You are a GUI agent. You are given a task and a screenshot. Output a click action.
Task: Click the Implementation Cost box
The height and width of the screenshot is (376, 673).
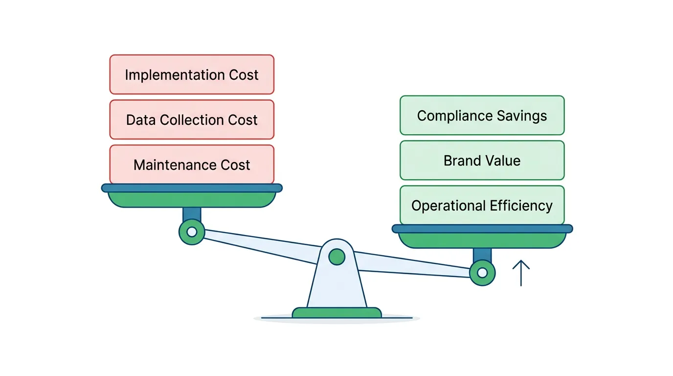coord(192,74)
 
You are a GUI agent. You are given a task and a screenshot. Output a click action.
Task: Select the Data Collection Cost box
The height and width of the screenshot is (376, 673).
coord(192,119)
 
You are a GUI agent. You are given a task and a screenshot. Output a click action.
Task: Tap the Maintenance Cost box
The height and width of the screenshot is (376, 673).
coord(192,164)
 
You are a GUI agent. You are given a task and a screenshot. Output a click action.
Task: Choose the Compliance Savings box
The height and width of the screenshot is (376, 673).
coord(482,116)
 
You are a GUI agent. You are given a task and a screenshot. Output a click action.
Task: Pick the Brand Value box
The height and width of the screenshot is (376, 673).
coord(482,161)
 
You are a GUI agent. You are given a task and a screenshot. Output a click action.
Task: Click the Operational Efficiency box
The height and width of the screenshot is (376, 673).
coord(482,206)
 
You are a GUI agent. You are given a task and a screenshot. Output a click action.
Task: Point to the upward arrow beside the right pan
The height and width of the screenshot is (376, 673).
coord(521,272)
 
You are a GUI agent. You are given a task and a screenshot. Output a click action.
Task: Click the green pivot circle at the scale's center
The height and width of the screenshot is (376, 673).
coord(336,257)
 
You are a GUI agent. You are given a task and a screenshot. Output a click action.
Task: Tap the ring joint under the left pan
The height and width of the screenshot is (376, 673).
coord(192,232)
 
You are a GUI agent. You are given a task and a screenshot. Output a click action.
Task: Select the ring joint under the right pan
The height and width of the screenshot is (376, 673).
coord(482,273)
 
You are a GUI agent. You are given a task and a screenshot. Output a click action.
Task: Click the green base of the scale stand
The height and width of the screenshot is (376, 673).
coord(336,313)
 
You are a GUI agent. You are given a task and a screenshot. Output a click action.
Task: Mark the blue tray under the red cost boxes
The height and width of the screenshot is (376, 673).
coord(192,188)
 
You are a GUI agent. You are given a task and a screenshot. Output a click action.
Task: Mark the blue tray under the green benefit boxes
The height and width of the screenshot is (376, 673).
coord(482,229)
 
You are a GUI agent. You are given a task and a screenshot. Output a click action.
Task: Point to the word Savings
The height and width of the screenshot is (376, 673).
coord(522,116)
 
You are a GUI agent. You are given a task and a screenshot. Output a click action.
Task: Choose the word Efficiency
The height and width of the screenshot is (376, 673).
coord(524,206)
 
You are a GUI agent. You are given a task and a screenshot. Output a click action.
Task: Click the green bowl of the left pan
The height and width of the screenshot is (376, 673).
coord(192,199)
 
